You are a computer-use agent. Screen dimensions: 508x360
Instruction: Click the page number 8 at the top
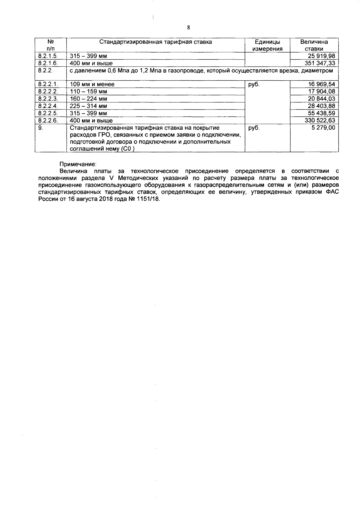pyautogui.click(x=188, y=28)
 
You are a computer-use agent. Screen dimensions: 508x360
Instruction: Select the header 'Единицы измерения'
pyautogui.click(x=267, y=45)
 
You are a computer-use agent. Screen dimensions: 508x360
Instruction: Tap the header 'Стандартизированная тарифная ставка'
pyautogui.click(x=155, y=42)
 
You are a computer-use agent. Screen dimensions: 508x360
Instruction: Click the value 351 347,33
pyautogui.click(x=320, y=63)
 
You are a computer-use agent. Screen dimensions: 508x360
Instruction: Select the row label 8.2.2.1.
pyautogui.click(x=48, y=84)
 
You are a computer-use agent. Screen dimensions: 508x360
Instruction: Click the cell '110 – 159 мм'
pyautogui.click(x=88, y=92)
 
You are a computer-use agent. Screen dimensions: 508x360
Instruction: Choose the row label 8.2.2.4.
pyautogui.click(x=48, y=106)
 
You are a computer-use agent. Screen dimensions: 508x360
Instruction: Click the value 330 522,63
pyautogui.click(x=320, y=120)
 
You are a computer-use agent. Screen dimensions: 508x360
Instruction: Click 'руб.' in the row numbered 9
pyautogui.click(x=254, y=128)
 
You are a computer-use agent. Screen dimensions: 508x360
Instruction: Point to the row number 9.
pyautogui.click(x=41, y=128)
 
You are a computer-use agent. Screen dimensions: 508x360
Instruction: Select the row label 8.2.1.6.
pyautogui.click(x=48, y=63)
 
